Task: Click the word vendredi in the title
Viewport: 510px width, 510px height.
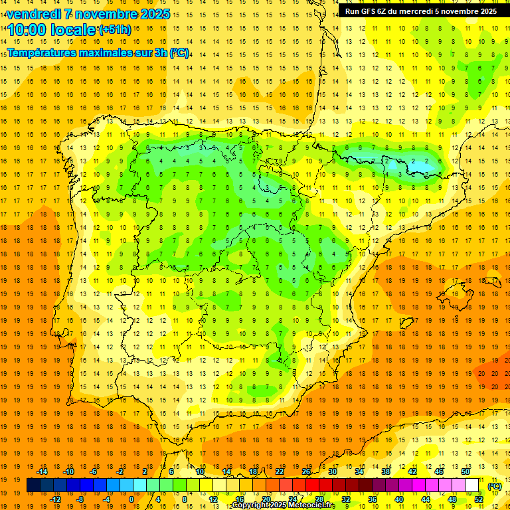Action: pyautogui.click(x=34, y=14)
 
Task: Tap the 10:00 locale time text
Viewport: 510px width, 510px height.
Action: pyautogui.click(x=52, y=30)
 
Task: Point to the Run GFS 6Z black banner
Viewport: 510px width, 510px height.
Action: pyautogui.click(x=420, y=11)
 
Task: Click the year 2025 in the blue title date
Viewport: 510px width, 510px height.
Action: pyautogui.click(x=153, y=14)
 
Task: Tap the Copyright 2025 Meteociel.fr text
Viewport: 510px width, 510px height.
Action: pyautogui.click(x=283, y=505)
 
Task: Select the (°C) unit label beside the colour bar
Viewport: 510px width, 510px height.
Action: pyautogui.click(x=494, y=487)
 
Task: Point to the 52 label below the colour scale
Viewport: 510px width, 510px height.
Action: pyautogui.click(x=479, y=499)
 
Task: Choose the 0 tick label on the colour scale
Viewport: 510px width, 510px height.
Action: pyautogui.click(x=131, y=499)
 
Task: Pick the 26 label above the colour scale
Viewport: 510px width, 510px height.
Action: pyautogui.click(x=306, y=471)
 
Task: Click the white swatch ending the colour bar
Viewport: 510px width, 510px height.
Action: pyautogui.click(x=472, y=485)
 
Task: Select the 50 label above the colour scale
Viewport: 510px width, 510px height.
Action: pyautogui.click(x=465, y=471)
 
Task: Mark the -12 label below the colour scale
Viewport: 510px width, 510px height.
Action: pyautogui.click(x=55, y=499)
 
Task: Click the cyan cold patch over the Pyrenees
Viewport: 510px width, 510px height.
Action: pyautogui.click(x=415, y=162)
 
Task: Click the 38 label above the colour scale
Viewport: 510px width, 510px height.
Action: pyautogui.click(x=385, y=471)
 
